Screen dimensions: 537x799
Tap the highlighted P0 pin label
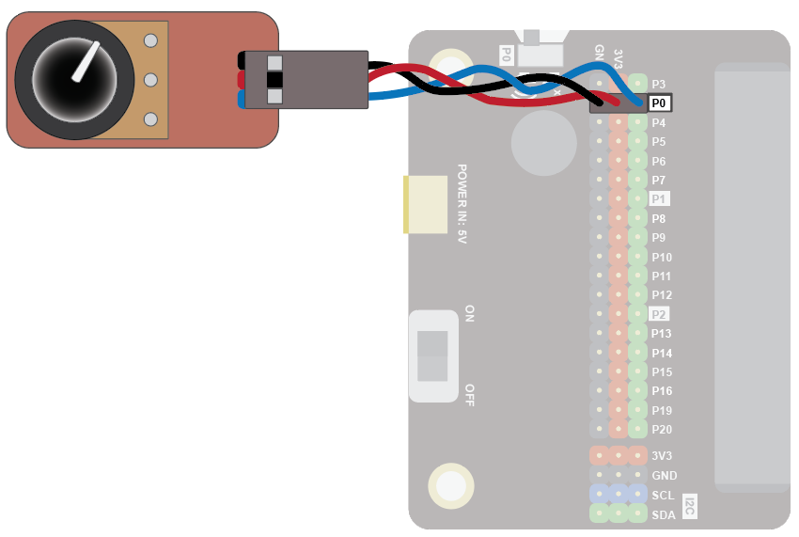coord(660,103)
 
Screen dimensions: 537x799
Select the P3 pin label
coord(659,84)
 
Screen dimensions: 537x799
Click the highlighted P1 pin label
coord(659,199)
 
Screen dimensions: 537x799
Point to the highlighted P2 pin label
coord(659,314)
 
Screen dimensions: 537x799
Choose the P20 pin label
coord(662,430)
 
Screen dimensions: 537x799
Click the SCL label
coord(663,495)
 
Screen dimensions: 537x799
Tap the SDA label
coord(663,514)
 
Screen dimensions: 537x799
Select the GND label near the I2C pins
coord(664,476)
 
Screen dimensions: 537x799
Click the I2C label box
coord(689,505)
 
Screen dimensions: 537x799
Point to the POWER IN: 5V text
coord(462,204)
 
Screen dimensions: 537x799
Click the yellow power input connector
coord(426,204)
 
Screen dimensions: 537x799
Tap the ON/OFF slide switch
coord(432,355)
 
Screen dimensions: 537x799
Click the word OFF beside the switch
coord(470,394)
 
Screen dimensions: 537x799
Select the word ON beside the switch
coord(470,313)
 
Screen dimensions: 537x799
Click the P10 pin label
coord(662,257)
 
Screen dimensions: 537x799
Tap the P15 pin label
coord(662,372)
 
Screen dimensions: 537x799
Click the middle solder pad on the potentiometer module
coord(150,79)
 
